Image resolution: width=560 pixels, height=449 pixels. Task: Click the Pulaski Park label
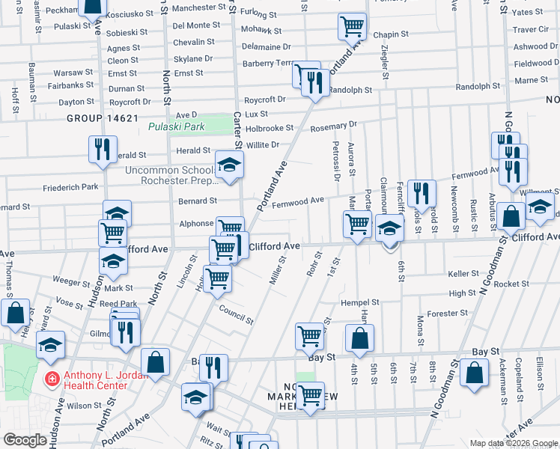[176, 127]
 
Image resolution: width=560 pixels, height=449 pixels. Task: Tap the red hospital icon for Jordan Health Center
[51, 379]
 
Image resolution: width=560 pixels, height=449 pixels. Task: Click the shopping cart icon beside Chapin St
[352, 27]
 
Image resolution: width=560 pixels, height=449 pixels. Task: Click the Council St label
[236, 314]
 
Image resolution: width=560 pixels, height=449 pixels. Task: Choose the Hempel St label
[360, 302]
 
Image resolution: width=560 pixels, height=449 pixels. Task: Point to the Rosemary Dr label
[334, 125]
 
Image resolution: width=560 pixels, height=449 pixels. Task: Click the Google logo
[25, 440]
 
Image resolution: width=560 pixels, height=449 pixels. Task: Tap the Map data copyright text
[514, 443]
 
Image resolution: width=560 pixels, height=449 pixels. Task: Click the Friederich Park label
[70, 187]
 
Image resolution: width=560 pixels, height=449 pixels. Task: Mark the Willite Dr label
[263, 144]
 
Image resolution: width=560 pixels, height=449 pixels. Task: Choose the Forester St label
[447, 313]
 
